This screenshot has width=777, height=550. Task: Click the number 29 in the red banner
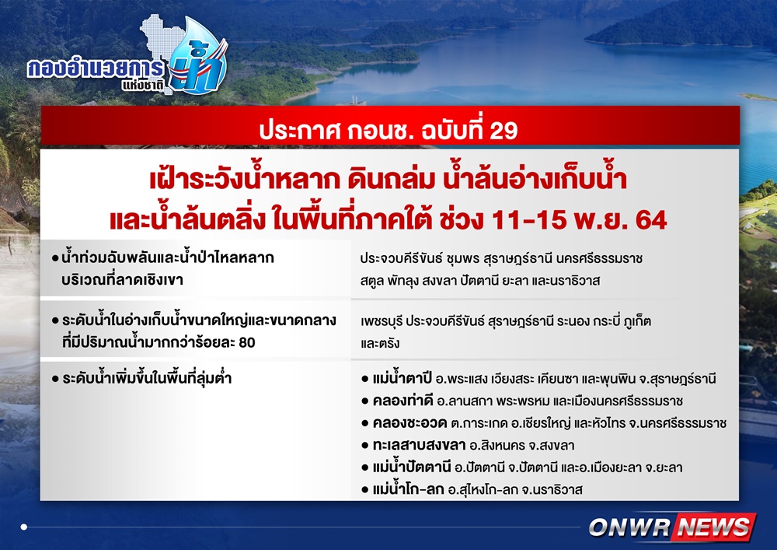coord(503,131)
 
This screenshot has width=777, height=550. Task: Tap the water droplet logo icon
coord(198,57)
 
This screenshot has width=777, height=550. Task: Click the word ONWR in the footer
coord(629,527)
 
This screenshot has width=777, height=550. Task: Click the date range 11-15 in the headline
coord(528,220)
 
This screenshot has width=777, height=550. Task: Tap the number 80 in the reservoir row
coord(247,342)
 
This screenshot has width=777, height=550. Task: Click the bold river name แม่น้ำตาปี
coord(402,378)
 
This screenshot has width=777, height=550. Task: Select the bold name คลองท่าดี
coord(402,400)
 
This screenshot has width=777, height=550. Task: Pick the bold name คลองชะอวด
coord(409,422)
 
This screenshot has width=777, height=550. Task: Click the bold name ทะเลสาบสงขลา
coord(419,445)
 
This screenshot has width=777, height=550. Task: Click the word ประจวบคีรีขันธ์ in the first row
coord(402,258)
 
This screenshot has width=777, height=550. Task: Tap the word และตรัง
coord(380,343)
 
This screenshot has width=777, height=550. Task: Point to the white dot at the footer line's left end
coord(24,527)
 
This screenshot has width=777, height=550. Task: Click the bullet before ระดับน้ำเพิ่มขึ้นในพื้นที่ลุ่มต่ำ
coord(55,379)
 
